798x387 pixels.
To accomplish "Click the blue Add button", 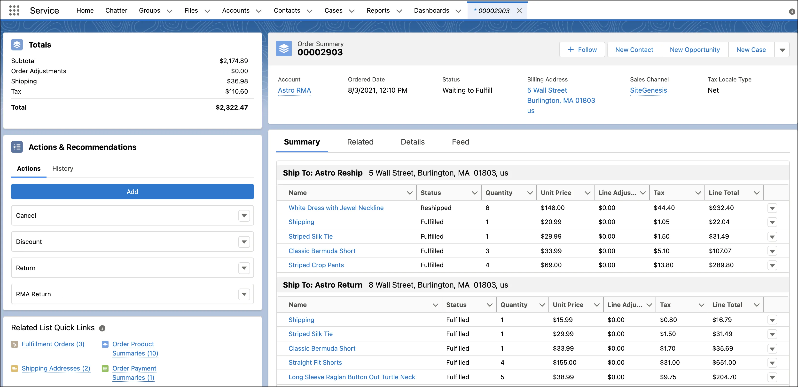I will pyautogui.click(x=132, y=192).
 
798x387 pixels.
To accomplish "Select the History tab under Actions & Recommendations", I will pyautogui.click(x=63, y=168).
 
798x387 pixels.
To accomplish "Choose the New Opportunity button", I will pyautogui.click(x=695, y=50).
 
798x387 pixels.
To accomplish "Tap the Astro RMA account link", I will pyautogui.click(x=294, y=90).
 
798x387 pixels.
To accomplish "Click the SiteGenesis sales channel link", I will pyautogui.click(x=648, y=90).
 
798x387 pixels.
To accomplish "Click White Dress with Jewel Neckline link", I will pyautogui.click(x=336, y=208).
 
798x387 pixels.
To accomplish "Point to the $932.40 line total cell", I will pyautogui.click(x=721, y=208).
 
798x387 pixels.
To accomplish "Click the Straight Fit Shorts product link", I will pyautogui.click(x=315, y=363).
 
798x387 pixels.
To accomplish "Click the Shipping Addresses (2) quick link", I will pyautogui.click(x=56, y=368).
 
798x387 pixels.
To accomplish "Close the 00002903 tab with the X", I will pyautogui.click(x=519, y=11).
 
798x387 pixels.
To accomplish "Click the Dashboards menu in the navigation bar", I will pyautogui.click(x=431, y=10).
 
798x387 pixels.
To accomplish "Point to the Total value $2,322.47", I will pyautogui.click(x=232, y=107).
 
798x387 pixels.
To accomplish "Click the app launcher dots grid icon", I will pyautogui.click(x=14, y=10).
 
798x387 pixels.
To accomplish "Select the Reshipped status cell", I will pyautogui.click(x=436, y=208).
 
